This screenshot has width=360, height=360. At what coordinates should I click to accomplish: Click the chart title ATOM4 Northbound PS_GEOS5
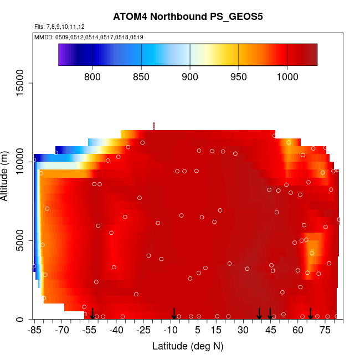188,17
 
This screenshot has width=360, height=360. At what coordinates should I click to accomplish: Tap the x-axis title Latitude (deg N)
188,346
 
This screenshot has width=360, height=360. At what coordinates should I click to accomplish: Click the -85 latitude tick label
35,331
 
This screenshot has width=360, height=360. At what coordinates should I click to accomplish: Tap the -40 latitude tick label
116,331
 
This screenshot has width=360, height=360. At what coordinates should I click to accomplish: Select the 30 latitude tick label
243,331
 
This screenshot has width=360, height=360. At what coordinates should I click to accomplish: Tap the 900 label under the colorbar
190,76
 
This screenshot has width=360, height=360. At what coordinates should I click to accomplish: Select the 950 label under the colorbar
239,76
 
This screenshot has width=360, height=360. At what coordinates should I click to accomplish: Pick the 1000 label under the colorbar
287,76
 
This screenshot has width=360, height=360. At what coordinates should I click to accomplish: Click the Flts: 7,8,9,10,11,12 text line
59,27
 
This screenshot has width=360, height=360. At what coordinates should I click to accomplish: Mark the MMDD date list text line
89,37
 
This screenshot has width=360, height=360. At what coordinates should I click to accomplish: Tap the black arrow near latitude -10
174,313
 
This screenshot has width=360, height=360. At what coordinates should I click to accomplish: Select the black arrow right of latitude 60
311,313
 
